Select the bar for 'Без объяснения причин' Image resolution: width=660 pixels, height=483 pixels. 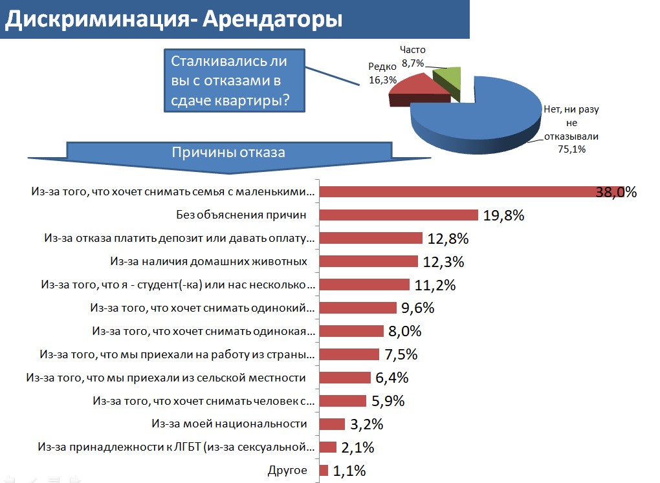[x=399, y=215]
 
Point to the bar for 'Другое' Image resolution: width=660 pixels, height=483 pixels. [x=324, y=471]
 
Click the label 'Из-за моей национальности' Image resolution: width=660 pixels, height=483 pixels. [x=229, y=424]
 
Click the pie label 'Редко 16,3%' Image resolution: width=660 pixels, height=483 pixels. [x=382, y=74]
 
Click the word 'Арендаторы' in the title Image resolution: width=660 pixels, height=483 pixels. [x=272, y=19]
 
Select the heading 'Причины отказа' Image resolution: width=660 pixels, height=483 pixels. [x=228, y=153]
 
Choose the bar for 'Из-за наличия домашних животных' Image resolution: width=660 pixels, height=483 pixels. [x=369, y=261]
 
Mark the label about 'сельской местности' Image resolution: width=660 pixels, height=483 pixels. [x=165, y=378]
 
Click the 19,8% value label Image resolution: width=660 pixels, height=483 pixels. [x=503, y=215]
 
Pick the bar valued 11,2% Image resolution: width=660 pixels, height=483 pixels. [x=365, y=284]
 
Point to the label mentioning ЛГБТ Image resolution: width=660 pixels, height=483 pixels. [x=176, y=447]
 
